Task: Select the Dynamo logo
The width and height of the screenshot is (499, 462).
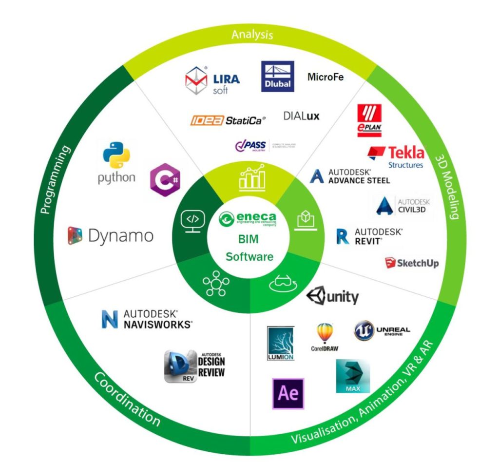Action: tap(111, 236)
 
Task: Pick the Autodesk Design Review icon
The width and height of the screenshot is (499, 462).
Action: tap(195, 366)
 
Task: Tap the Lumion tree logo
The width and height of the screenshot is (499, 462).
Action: tap(281, 344)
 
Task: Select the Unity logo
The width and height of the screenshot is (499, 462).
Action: tap(333, 296)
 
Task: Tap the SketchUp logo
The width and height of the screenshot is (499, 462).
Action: tap(412, 263)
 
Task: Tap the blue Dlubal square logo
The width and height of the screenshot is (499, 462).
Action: tap(278, 77)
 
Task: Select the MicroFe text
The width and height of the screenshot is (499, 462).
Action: tap(326, 77)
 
